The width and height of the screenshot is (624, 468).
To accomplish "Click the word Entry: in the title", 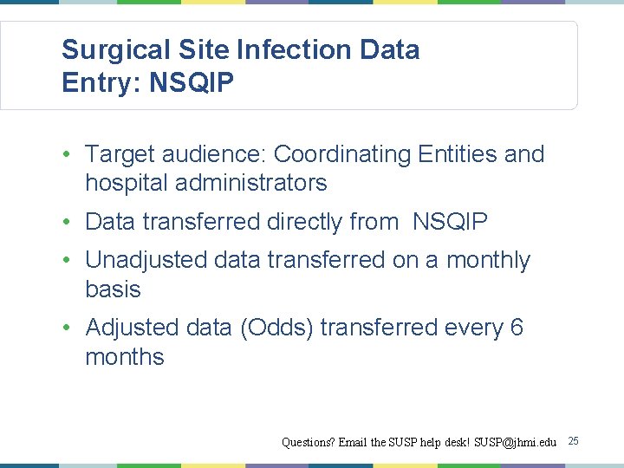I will pyautogui.click(x=101, y=83).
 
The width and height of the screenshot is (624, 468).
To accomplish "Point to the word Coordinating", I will pyautogui.click(x=342, y=154).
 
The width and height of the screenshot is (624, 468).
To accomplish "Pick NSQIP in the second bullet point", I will pyautogui.click(x=450, y=222).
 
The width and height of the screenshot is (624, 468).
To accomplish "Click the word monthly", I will pyautogui.click(x=488, y=260).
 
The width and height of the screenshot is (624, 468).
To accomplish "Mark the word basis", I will pyautogui.click(x=113, y=289).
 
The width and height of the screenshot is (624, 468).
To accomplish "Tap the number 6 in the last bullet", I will pyautogui.click(x=517, y=328).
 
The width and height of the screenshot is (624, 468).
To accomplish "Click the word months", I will pyautogui.click(x=124, y=356).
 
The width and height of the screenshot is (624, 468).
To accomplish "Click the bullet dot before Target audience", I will pyautogui.click(x=67, y=155).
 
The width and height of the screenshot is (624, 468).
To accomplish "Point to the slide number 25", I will pyautogui.click(x=573, y=442).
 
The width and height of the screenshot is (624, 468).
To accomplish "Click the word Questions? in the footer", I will pyautogui.click(x=308, y=442).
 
